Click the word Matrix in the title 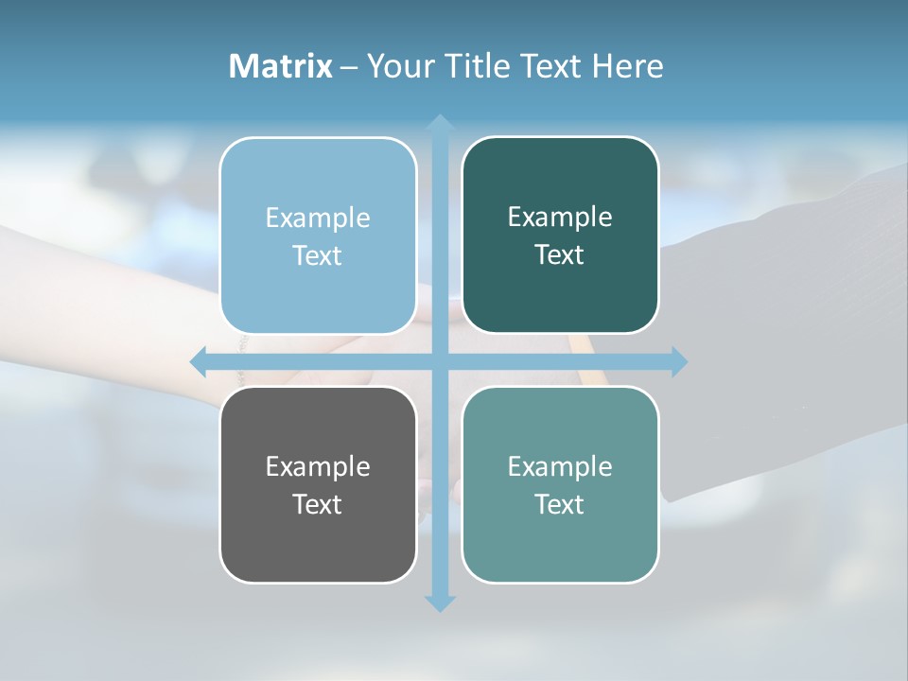tap(280, 66)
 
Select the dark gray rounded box tap(318, 539)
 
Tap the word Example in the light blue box tap(318, 218)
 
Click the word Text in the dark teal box tap(560, 255)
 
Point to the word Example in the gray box tap(318, 466)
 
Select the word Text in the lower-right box tap(560, 504)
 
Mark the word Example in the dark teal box tap(560, 218)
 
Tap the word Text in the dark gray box tap(318, 504)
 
